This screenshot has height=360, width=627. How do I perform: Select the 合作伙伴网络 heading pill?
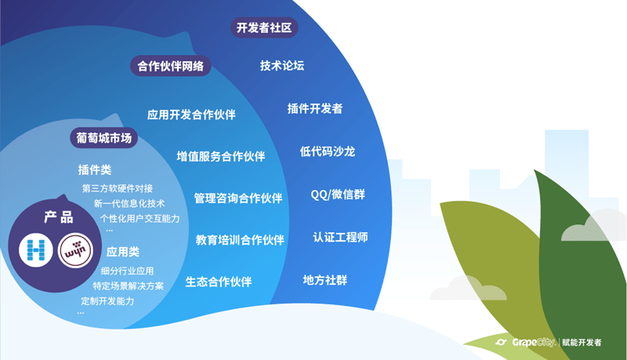click(x=170, y=67)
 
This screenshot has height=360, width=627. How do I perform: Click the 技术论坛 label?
click(x=282, y=66)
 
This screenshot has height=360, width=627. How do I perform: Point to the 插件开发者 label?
click(x=314, y=109)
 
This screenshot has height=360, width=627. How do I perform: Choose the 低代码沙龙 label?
click(x=327, y=151)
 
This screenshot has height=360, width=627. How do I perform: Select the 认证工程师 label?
click(x=340, y=237)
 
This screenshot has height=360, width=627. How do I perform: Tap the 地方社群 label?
click(x=324, y=280)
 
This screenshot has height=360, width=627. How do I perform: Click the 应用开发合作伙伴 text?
click(x=191, y=115)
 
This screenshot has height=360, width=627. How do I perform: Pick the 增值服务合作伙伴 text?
click(x=220, y=157)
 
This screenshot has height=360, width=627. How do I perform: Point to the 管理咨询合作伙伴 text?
click(x=238, y=198)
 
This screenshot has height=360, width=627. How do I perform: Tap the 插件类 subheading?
click(x=95, y=169)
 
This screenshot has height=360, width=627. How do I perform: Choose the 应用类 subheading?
click(x=123, y=252)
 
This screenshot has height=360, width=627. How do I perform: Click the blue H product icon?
click(x=35, y=250)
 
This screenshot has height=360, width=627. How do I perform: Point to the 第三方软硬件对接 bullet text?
click(x=118, y=188)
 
